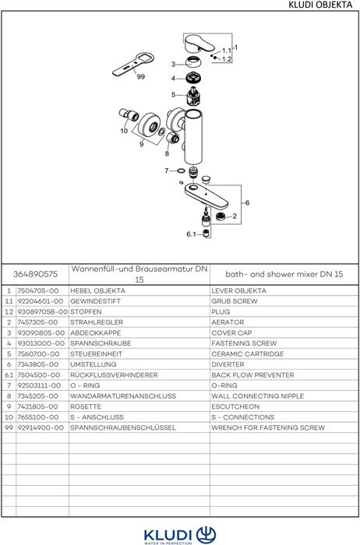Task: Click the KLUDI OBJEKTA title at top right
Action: pyautogui.click(x=320, y=5)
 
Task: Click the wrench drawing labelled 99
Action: pyautogui.click(x=133, y=65)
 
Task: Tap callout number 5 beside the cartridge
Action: pyautogui.click(x=173, y=94)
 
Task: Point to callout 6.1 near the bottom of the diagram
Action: pyautogui.click(x=191, y=234)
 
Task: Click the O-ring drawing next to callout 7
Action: pyautogui.click(x=181, y=171)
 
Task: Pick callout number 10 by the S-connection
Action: pyautogui.click(x=124, y=131)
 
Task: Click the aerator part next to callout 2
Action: pyautogui.click(x=221, y=216)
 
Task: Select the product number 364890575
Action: pyautogui.click(x=35, y=274)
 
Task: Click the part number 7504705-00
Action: pyautogui.click(x=38, y=290)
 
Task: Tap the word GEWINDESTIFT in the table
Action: pyautogui.click(x=95, y=301)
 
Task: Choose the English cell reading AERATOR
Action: pyautogui.click(x=228, y=322)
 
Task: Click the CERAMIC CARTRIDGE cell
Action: pyautogui.click(x=247, y=353)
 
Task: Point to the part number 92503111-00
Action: pyautogui.click(x=39, y=385)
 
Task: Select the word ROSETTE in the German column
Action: pyautogui.click(x=86, y=406)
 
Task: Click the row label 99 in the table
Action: pyautogui.click(x=9, y=427)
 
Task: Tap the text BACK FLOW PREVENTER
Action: pyautogui.click(x=252, y=375)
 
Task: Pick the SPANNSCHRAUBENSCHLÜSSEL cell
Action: pyautogui.click(x=123, y=427)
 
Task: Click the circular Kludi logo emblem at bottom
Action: pyautogui.click(x=206, y=535)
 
